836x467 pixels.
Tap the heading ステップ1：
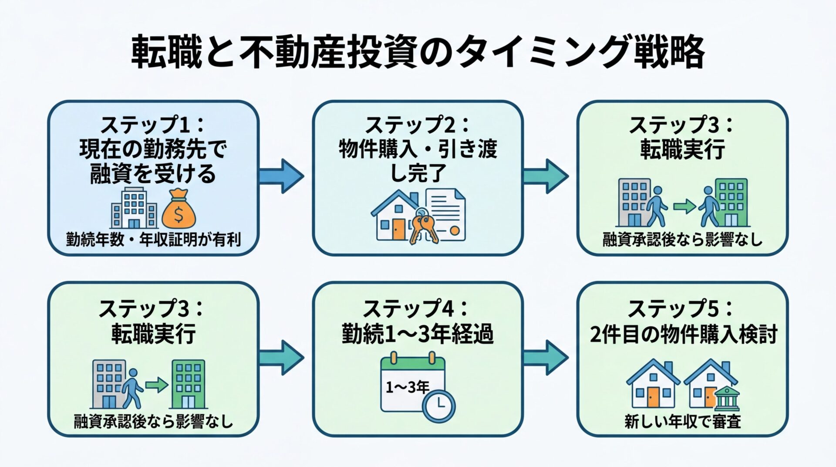coord(152,125)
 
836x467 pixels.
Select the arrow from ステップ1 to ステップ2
coord(281,176)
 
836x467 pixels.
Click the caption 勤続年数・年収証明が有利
coord(153,240)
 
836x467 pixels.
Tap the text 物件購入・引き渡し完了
coord(418,160)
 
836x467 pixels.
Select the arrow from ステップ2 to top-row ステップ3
coord(546,176)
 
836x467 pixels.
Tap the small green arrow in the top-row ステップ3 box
coord(684,206)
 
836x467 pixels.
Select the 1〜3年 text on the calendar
coord(407,387)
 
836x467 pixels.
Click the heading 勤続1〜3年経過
coord(418,335)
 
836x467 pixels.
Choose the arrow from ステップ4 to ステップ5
coord(546,358)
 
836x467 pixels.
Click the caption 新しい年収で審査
coord(682,421)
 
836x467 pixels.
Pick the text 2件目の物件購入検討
coord(683,335)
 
